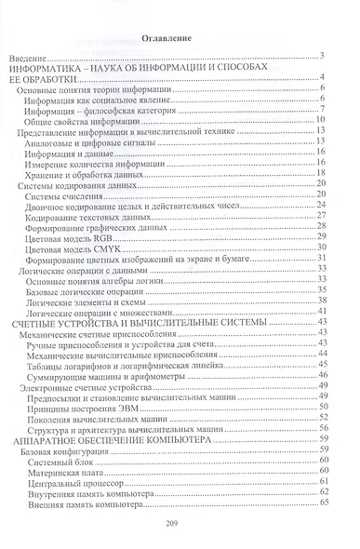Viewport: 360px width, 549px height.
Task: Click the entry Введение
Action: (37, 58)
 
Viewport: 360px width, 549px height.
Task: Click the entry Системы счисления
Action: (66, 194)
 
